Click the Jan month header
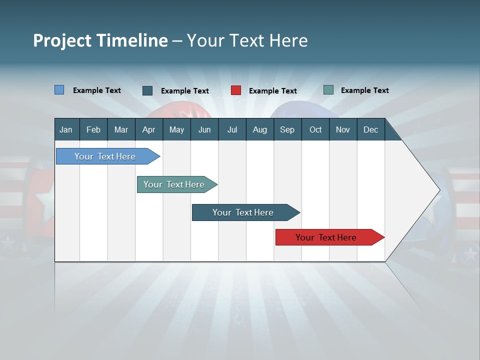(66, 129)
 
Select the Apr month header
(148, 129)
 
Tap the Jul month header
(232, 129)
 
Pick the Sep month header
(287, 129)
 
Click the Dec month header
(370, 129)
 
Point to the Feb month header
(93, 129)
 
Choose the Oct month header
(315, 129)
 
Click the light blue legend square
(59, 90)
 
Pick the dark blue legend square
(147, 90)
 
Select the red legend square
(236, 90)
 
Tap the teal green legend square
(328, 90)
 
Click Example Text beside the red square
(272, 91)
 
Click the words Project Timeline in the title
(100, 40)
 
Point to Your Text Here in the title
(247, 40)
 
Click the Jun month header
(204, 129)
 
